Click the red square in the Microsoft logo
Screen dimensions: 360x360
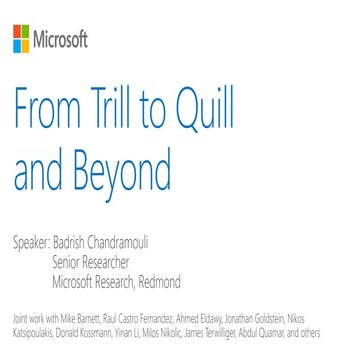point(16,34)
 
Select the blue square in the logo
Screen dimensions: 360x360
point(16,44)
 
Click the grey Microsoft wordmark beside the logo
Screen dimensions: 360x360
point(61,40)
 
